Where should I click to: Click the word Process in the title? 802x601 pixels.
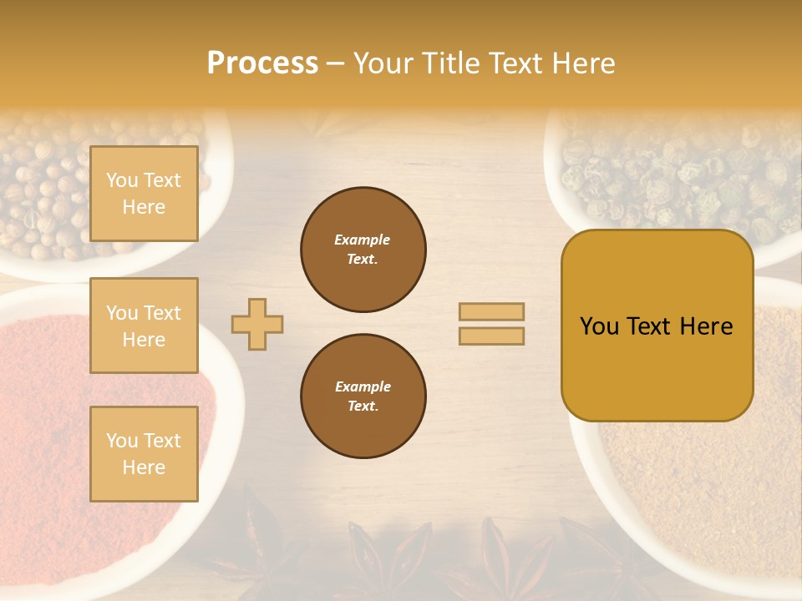262,63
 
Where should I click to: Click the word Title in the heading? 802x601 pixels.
450,63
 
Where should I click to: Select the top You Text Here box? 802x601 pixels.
144,194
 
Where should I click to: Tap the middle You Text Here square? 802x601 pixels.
144,326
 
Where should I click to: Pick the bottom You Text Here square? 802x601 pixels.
144,453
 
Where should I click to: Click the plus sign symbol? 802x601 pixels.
257,324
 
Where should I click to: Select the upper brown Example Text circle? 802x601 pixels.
363,250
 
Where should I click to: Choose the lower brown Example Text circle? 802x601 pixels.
363,396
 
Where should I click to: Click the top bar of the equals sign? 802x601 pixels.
491,311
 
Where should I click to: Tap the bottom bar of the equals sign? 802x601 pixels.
491,336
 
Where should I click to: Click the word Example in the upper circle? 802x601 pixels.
363,240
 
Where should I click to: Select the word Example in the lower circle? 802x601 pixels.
363,386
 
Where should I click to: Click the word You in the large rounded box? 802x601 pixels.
600,326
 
